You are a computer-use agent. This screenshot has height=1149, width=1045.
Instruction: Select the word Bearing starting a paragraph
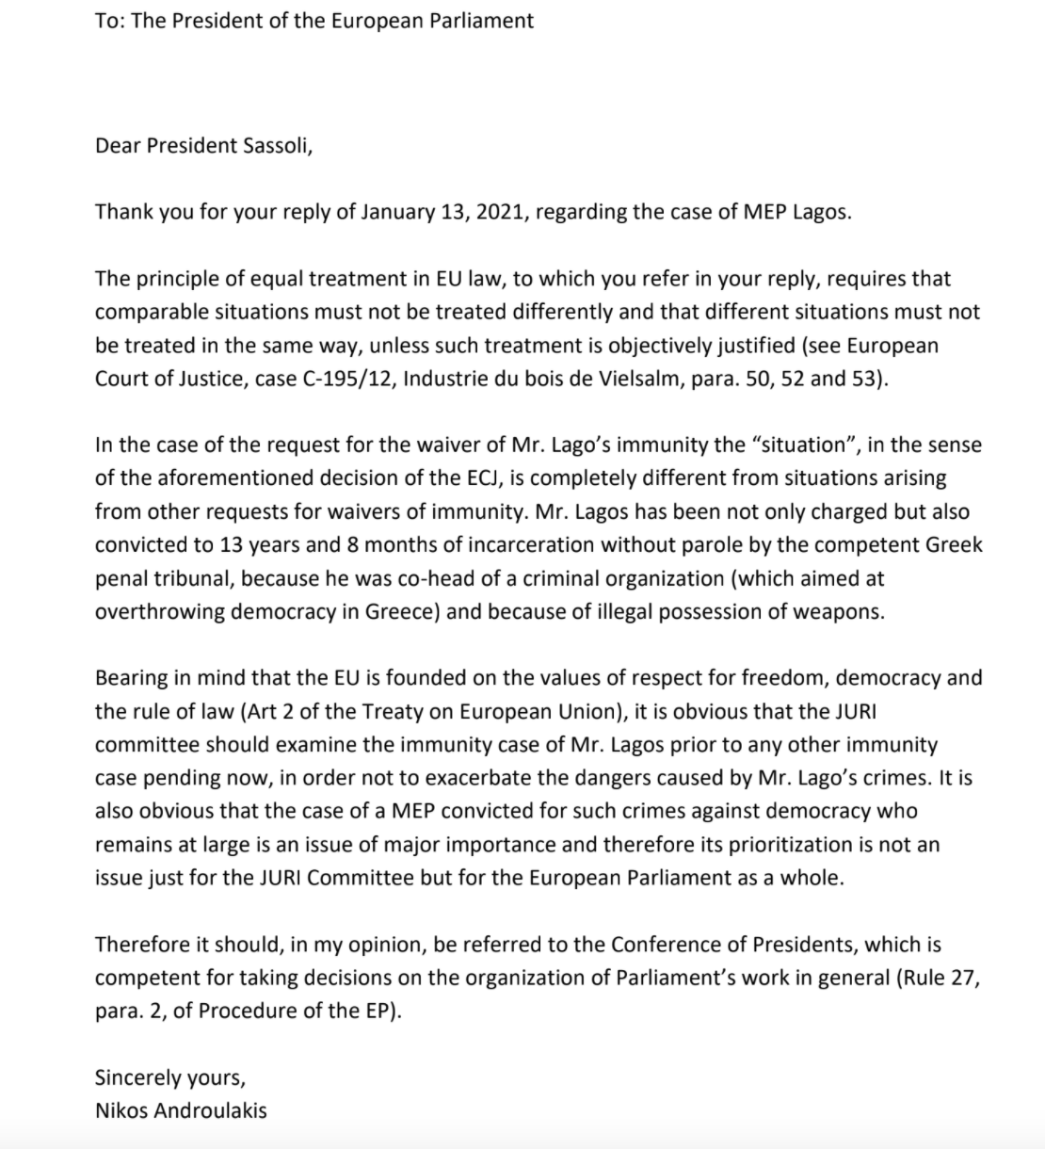point(131,678)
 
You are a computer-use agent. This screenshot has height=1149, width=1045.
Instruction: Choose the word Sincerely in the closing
point(139,1077)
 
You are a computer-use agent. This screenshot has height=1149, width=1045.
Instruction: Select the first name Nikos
point(120,1110)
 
